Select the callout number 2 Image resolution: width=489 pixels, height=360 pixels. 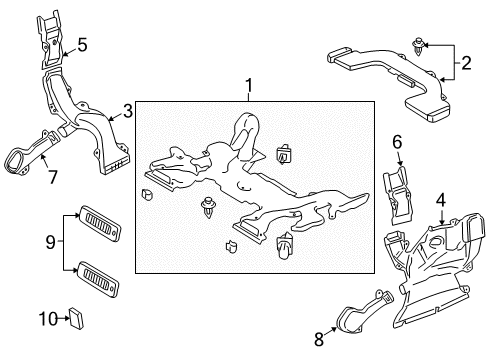pyautogui.click(x=465, y=67)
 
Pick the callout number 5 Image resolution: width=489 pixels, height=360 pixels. pyautogui.click(x=82, y=45)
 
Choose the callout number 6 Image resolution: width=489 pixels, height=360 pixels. pyautogui.click(x=396, y=143)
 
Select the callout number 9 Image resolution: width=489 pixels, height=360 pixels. pyautogui.click(x=51, y=242)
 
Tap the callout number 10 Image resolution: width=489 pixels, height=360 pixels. pyautogui.click(x=47, y=319)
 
